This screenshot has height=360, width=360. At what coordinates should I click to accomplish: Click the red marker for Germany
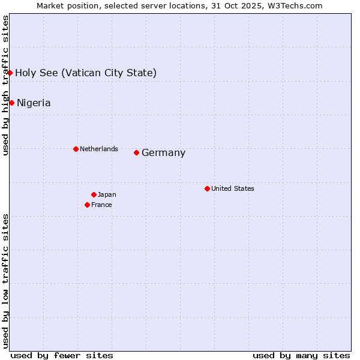coord(136,152)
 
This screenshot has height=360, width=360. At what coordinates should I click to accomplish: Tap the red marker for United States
coord(207,188)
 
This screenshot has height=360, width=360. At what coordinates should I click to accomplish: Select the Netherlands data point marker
coord(76,149)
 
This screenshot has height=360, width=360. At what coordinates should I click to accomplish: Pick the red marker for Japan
coord(94,194)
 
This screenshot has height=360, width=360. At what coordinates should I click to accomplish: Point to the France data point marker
coord(87,205)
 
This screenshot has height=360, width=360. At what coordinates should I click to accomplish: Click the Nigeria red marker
coord(11,103)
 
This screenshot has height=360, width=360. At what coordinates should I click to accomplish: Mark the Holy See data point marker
coord(10,73)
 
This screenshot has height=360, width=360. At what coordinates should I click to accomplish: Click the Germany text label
coord(163,153)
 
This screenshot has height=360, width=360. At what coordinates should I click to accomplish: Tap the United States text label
coord(232,188)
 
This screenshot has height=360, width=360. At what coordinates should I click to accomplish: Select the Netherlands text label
coord(98,149)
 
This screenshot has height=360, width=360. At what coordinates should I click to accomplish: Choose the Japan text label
coord(107,194)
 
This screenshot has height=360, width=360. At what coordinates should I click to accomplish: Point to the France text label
coord(101,205)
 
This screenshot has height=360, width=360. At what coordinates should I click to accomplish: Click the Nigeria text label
coord(34,103)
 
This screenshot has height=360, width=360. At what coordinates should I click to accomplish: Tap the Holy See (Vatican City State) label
coord(86,73)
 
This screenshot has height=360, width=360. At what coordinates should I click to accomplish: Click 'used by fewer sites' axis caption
coord(62,355)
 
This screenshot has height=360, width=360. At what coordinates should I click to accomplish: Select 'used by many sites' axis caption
coord(301,355)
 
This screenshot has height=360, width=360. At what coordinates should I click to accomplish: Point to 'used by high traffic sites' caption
coord(5,85)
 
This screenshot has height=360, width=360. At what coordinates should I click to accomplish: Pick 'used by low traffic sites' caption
coord(5,280)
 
